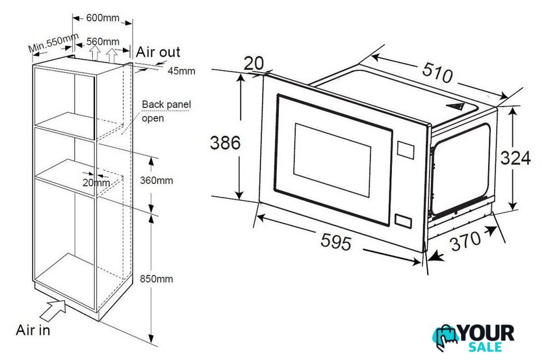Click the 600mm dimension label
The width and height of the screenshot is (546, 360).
(103, 18)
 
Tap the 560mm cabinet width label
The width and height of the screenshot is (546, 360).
(103, 42)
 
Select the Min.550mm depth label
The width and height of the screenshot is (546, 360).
(53, 42)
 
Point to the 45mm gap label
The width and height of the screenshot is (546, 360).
(181, 71)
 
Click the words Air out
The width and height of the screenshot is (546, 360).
(158, 52)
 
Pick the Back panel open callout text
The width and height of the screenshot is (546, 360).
(166, 111)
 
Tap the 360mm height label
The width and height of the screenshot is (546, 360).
(157, 181)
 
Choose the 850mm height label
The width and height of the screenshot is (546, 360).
(157, 279)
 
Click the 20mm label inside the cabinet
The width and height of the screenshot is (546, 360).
(96, 183)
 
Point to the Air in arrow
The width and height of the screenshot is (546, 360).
(53, 310)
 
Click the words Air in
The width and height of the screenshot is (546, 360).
(33, 330)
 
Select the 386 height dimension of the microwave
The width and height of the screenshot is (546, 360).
(225, 143)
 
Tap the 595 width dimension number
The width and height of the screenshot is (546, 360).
(336, 241)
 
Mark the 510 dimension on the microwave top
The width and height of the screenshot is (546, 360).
(437, 73)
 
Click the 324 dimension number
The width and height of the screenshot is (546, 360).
(515, 158)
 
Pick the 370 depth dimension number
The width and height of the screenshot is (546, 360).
(465, 241)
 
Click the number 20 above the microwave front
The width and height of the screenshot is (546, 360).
(254, 64)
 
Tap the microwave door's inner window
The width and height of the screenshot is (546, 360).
(332, 160)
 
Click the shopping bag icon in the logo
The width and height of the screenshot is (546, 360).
(446, 337)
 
